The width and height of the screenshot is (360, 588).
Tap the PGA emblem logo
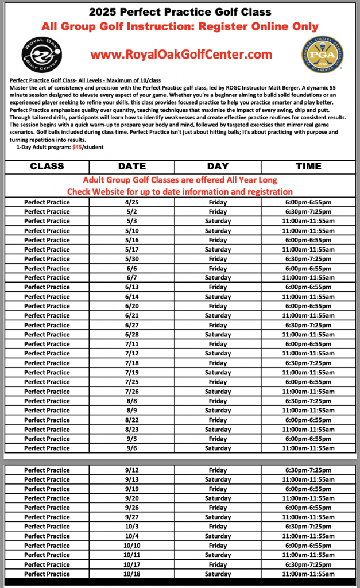[323, 53]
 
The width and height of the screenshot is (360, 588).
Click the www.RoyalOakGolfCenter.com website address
[181, 55]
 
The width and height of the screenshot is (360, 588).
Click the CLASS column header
[47, 166]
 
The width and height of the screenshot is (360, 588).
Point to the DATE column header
[131, 166]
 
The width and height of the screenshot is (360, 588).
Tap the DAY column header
[218, 166]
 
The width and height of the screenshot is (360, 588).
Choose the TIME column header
[308, 166]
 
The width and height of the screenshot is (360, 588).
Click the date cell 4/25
[131, 202]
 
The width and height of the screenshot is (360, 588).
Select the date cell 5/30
[131, 259]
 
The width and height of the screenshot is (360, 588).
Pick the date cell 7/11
[131, 344]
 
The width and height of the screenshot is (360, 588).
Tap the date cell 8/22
[131, 420]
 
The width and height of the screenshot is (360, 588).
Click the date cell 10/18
[131, 574]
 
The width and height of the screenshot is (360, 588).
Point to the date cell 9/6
[131, 448]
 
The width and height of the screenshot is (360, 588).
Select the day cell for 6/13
[218, 287]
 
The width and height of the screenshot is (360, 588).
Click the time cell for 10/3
[308, 527]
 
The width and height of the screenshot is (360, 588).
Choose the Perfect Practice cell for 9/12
[47, 470]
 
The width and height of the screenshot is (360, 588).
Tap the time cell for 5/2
[308, 211]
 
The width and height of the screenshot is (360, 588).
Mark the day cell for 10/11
[218, 555]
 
